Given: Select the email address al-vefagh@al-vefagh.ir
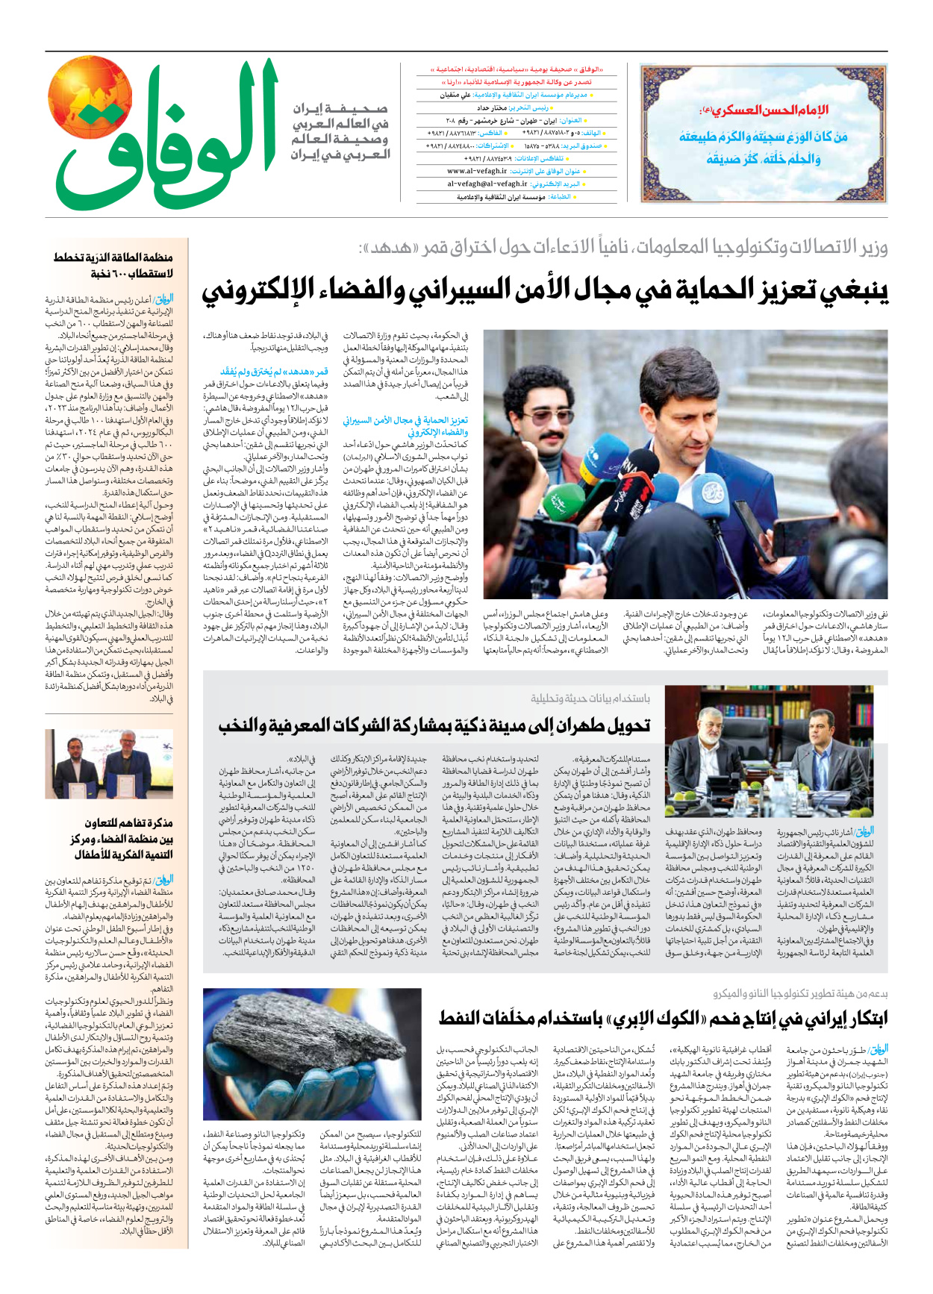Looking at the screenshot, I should point(487,184).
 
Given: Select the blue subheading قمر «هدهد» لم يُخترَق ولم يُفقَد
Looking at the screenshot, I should point(274,371).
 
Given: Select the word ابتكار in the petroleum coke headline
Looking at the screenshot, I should point(858,1018).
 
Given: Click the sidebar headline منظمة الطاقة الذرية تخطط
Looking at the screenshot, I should point(113,257).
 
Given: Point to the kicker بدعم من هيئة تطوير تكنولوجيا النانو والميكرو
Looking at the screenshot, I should point(799,994).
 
